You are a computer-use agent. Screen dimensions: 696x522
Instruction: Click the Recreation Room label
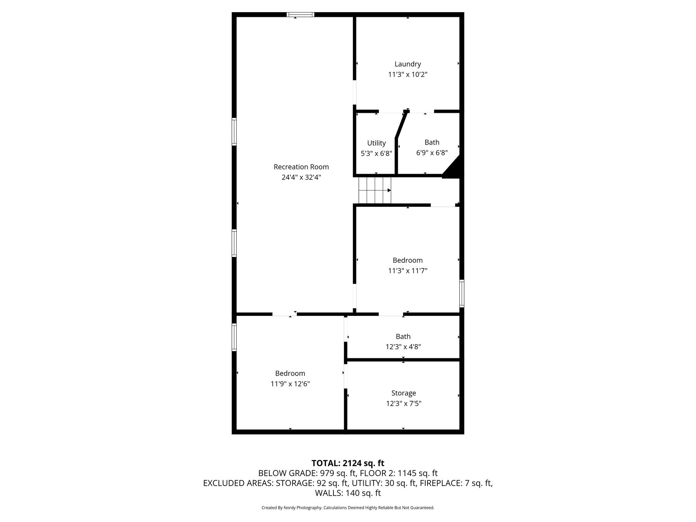pos(301,167)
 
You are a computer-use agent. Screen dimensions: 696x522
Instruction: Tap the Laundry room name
pos(408,64)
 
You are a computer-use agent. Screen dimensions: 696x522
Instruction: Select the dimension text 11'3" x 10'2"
pos(408,75)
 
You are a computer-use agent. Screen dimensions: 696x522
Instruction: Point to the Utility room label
pos(376,143)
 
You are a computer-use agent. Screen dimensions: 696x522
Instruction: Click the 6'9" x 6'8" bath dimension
pos(432,153)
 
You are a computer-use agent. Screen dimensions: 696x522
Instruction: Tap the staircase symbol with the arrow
pos(375,190)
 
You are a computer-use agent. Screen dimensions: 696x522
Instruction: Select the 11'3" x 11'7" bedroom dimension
pos(408,271)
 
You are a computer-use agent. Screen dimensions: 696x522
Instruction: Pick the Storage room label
pos(403,393)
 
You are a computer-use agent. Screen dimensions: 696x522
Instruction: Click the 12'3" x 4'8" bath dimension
pos(403,347)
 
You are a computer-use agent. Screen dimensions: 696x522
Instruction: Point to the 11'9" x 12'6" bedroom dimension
pos(290,384)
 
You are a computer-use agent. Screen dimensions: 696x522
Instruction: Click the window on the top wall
pos(301,15)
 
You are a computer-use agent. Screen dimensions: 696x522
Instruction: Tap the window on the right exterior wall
pos(462,293)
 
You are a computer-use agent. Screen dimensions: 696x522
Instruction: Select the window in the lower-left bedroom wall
pos(234,337)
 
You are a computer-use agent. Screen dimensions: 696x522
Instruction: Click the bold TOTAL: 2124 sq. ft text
pos(348,463)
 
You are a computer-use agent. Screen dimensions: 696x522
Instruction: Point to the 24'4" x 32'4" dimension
pos(301,177)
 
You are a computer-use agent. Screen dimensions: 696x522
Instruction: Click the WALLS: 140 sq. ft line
pos(348,493)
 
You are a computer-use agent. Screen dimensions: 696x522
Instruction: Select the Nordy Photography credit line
pos(348,508)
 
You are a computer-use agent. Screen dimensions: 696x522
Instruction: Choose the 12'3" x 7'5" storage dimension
pos(403,403)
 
